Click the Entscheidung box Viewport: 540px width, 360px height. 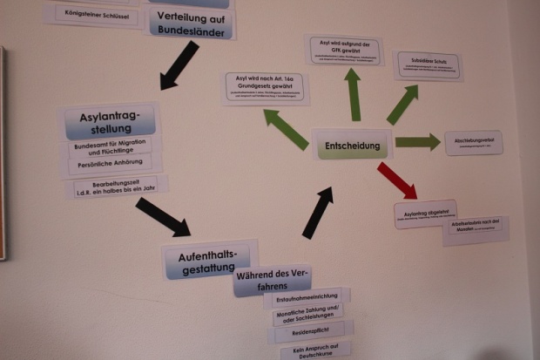coord(352,144)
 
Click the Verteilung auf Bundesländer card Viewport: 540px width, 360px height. coord(192,24)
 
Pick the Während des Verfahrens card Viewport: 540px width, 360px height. coord(273,281)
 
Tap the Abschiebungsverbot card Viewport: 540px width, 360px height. coord(473,142)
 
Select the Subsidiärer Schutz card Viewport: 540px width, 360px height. coord(428,65)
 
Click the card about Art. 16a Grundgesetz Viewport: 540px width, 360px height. coord(266,87)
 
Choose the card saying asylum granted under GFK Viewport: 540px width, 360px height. coord(344,50)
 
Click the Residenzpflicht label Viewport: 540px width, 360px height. coord(309,332)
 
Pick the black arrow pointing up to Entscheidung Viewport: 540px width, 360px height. coord(317,212)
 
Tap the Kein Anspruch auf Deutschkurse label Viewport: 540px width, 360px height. coord(315,351)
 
